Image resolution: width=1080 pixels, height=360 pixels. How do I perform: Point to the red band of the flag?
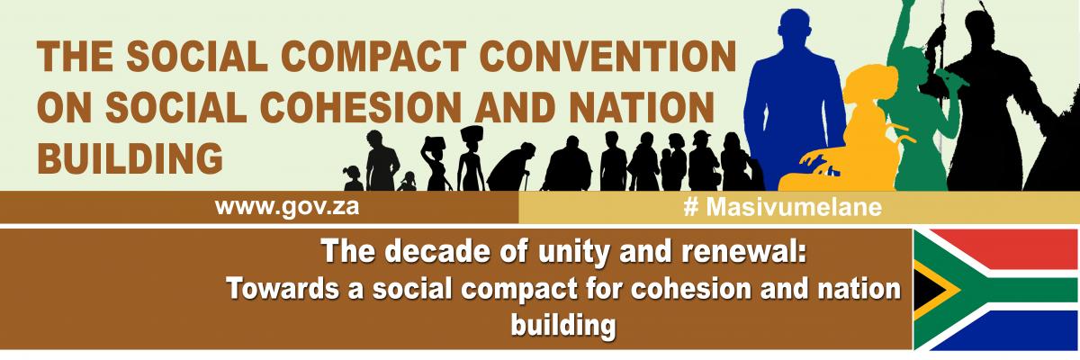tap(1008, 246)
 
